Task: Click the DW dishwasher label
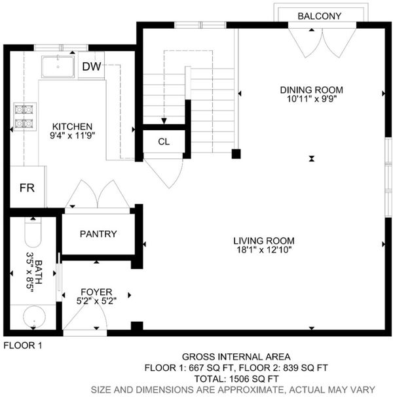[x=92, y=66]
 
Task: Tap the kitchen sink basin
[x=58, y=67]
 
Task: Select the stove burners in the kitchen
[x=24, y=116]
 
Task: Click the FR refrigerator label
[x=27, y=188]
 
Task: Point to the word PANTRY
[x=98, y=234]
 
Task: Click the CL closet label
[x=164, y=142]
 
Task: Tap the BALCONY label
[x=320, y=16]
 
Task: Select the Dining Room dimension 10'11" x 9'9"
[x=312, y=99]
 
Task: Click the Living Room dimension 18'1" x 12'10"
[x=264, y=250]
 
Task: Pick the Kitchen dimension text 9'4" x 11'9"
[x=72, y=135]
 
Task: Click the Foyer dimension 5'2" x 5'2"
[x=96, y=301]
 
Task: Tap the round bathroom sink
[x=34, y=317]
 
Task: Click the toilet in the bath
[x=33, y=232]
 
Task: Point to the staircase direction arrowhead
[x=164, y=121]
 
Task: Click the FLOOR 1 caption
[x=23, y=345]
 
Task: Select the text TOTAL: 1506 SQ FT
[x=236, y=379]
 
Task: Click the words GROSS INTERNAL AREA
[x=236, y=356]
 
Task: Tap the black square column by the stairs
[x=236, y=154]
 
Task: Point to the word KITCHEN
[x=72, y=126]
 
